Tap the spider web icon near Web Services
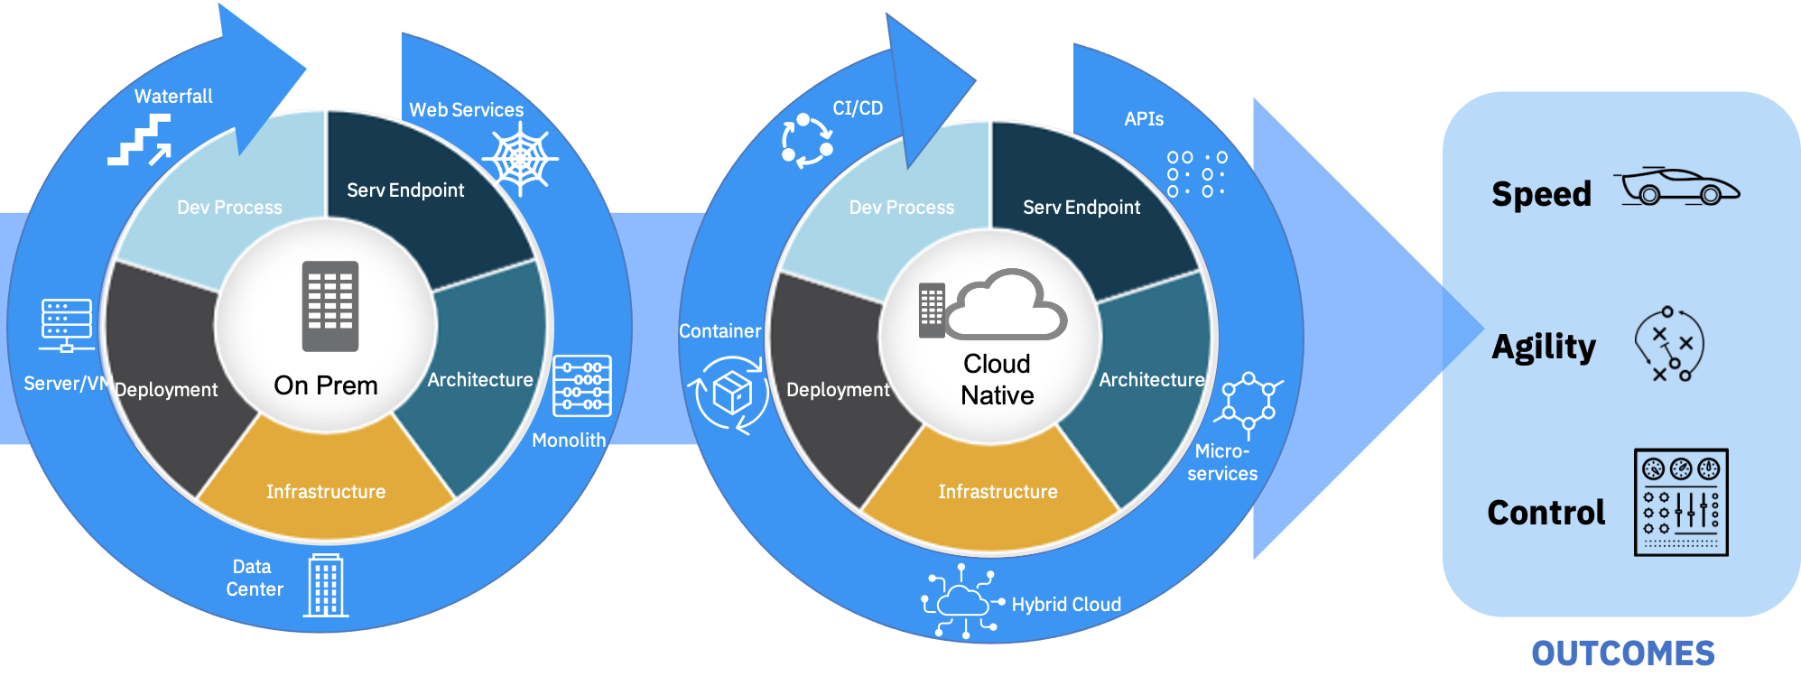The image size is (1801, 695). point(521,159)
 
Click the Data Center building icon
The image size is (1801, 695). point(326,586)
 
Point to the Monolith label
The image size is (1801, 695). point(569,440)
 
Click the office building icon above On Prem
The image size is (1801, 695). point(330,306)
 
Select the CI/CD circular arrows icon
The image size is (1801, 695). point(806,141)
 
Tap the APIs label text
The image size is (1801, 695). point(1144,119)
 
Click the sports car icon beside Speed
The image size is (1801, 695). point(1676,187)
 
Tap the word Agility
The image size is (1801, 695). point(1544,347)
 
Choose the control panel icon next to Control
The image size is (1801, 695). point(1681,502)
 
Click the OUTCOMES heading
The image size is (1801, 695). point(1622,653)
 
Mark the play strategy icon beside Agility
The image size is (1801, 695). point(1670,344)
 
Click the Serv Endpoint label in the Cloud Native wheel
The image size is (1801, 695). point(1082,208)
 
